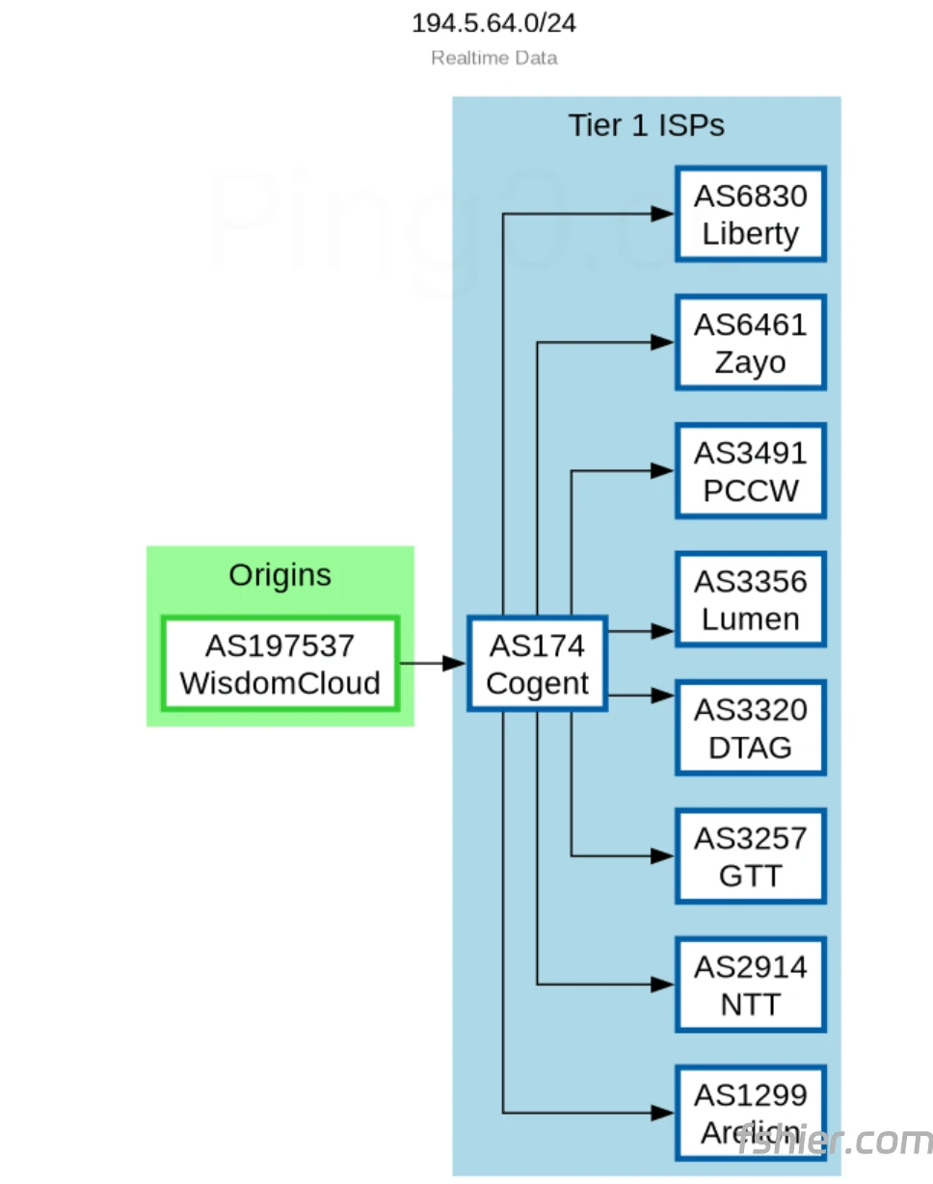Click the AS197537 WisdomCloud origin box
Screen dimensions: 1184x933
point(280,664)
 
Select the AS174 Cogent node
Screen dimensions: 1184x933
point(537,664)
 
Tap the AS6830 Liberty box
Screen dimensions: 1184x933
point(750,214)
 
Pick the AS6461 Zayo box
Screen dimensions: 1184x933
point(750,343)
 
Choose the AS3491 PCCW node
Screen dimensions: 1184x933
point(750,471)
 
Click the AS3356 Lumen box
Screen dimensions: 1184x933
point(750,599)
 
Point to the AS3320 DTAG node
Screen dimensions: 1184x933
point(750,727)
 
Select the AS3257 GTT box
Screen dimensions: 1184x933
point(750,855)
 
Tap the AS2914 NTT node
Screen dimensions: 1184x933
point(750,985)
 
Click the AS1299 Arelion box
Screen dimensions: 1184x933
point(750,1113)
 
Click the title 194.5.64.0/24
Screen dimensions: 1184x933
point(493,23)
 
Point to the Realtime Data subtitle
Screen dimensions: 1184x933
point(493,58)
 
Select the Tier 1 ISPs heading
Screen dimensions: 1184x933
point(646,125)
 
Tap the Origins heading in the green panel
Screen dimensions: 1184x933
point(280,575)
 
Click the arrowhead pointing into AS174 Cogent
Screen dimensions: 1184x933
point(454,664)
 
